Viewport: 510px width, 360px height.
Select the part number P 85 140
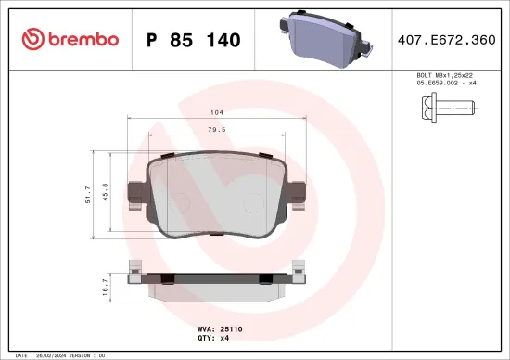pyautogui.click(x=194, y=40)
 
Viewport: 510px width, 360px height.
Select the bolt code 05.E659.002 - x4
pyautogui.click(x=447, y=83)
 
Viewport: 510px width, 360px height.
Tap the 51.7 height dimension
pyautogui.click(x=88, y=192)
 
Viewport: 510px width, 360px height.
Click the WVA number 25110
pyautogui.click(x=230, y=328)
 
